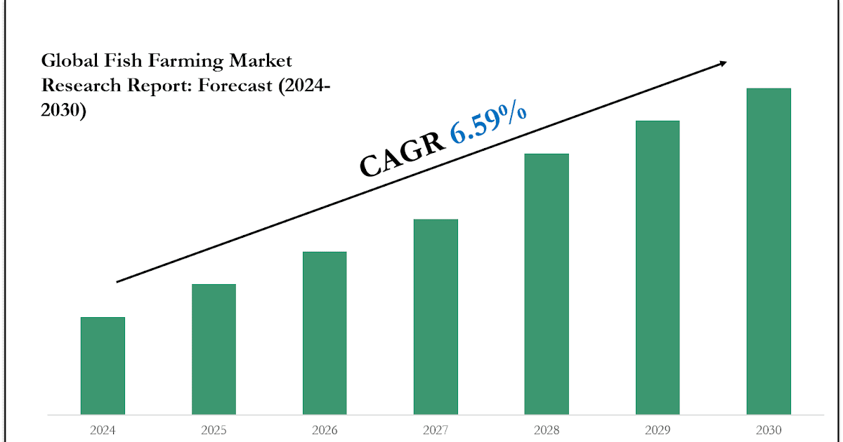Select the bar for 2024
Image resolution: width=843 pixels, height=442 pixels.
click(x=103, y=366)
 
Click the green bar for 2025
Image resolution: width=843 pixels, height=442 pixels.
click(x=214, y=349)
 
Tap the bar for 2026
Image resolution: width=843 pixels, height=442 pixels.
click(x=325, y=333)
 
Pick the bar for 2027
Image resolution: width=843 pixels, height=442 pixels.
click(x=436, y=316)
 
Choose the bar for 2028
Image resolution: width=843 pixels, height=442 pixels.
click(x=547, y=283)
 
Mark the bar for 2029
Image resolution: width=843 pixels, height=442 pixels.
click(x=658, y=267)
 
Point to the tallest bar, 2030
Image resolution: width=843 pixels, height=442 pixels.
click(x=769, y=251)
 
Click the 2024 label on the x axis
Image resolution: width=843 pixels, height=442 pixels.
click(x=103, y=429)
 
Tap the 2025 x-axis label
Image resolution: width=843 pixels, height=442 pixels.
click(x=214, y=429)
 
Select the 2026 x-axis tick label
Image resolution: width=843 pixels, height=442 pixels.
click(x=325, y=429)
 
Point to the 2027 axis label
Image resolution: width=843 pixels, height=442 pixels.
click(x=436, y=429)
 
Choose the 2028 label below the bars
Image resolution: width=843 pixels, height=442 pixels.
click(x=547, y=429)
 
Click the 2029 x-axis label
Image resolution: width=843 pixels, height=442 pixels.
click(x=658, y=429)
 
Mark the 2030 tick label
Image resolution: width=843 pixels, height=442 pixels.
click(x=769, y=429)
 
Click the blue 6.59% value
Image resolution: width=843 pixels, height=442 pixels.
click(x=489, y=124)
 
